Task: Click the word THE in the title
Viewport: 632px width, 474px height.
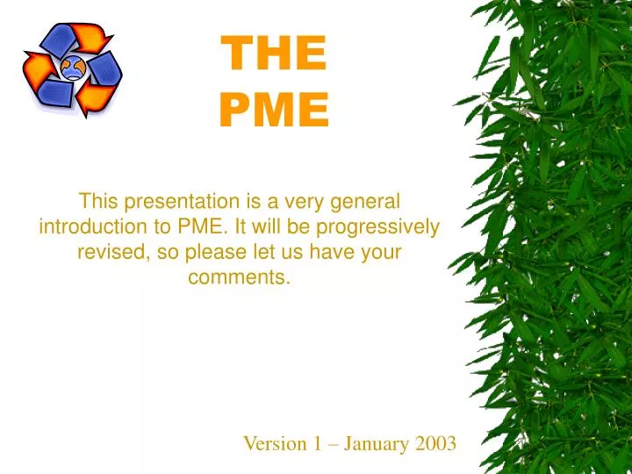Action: click(x=273, y=54)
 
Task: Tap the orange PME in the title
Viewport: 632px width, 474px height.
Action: click(x=273, y=111)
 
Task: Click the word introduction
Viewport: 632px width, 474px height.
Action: click(x=90, y=227)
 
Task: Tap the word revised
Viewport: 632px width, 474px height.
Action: click(x=108, y=253)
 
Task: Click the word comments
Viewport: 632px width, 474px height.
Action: click(x=239, y=278)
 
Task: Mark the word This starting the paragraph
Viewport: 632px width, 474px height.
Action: click(x=98, y=201)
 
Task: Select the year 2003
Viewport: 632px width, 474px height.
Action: click(x=435, y=443)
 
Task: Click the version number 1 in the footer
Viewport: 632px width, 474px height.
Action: click(x=317, y=443)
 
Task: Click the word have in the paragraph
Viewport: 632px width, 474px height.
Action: click(x=330, y=253)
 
